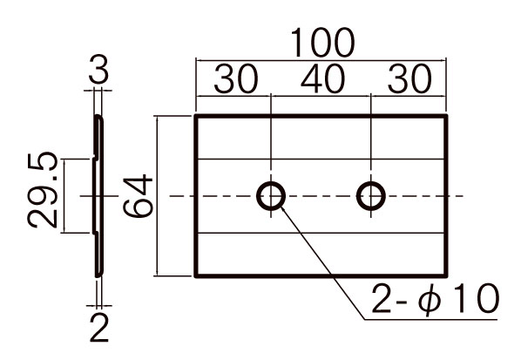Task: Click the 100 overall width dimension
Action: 322,43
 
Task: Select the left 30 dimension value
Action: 236,79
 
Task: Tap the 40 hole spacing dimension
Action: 323,79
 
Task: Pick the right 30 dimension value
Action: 409,79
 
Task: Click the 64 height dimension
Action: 138,196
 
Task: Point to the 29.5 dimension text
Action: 43,190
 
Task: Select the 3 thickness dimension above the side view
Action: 98,70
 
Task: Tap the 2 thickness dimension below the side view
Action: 99,328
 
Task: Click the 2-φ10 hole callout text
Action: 436,298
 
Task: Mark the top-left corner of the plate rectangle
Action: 196,116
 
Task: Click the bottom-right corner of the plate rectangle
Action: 446,275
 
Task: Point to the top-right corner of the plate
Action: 446,116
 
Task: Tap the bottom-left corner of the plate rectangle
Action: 196,275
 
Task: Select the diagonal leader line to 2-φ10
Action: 323,262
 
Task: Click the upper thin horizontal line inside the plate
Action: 321,160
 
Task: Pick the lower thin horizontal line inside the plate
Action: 321,233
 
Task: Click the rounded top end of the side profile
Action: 98,116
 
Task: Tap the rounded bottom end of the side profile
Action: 98,275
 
